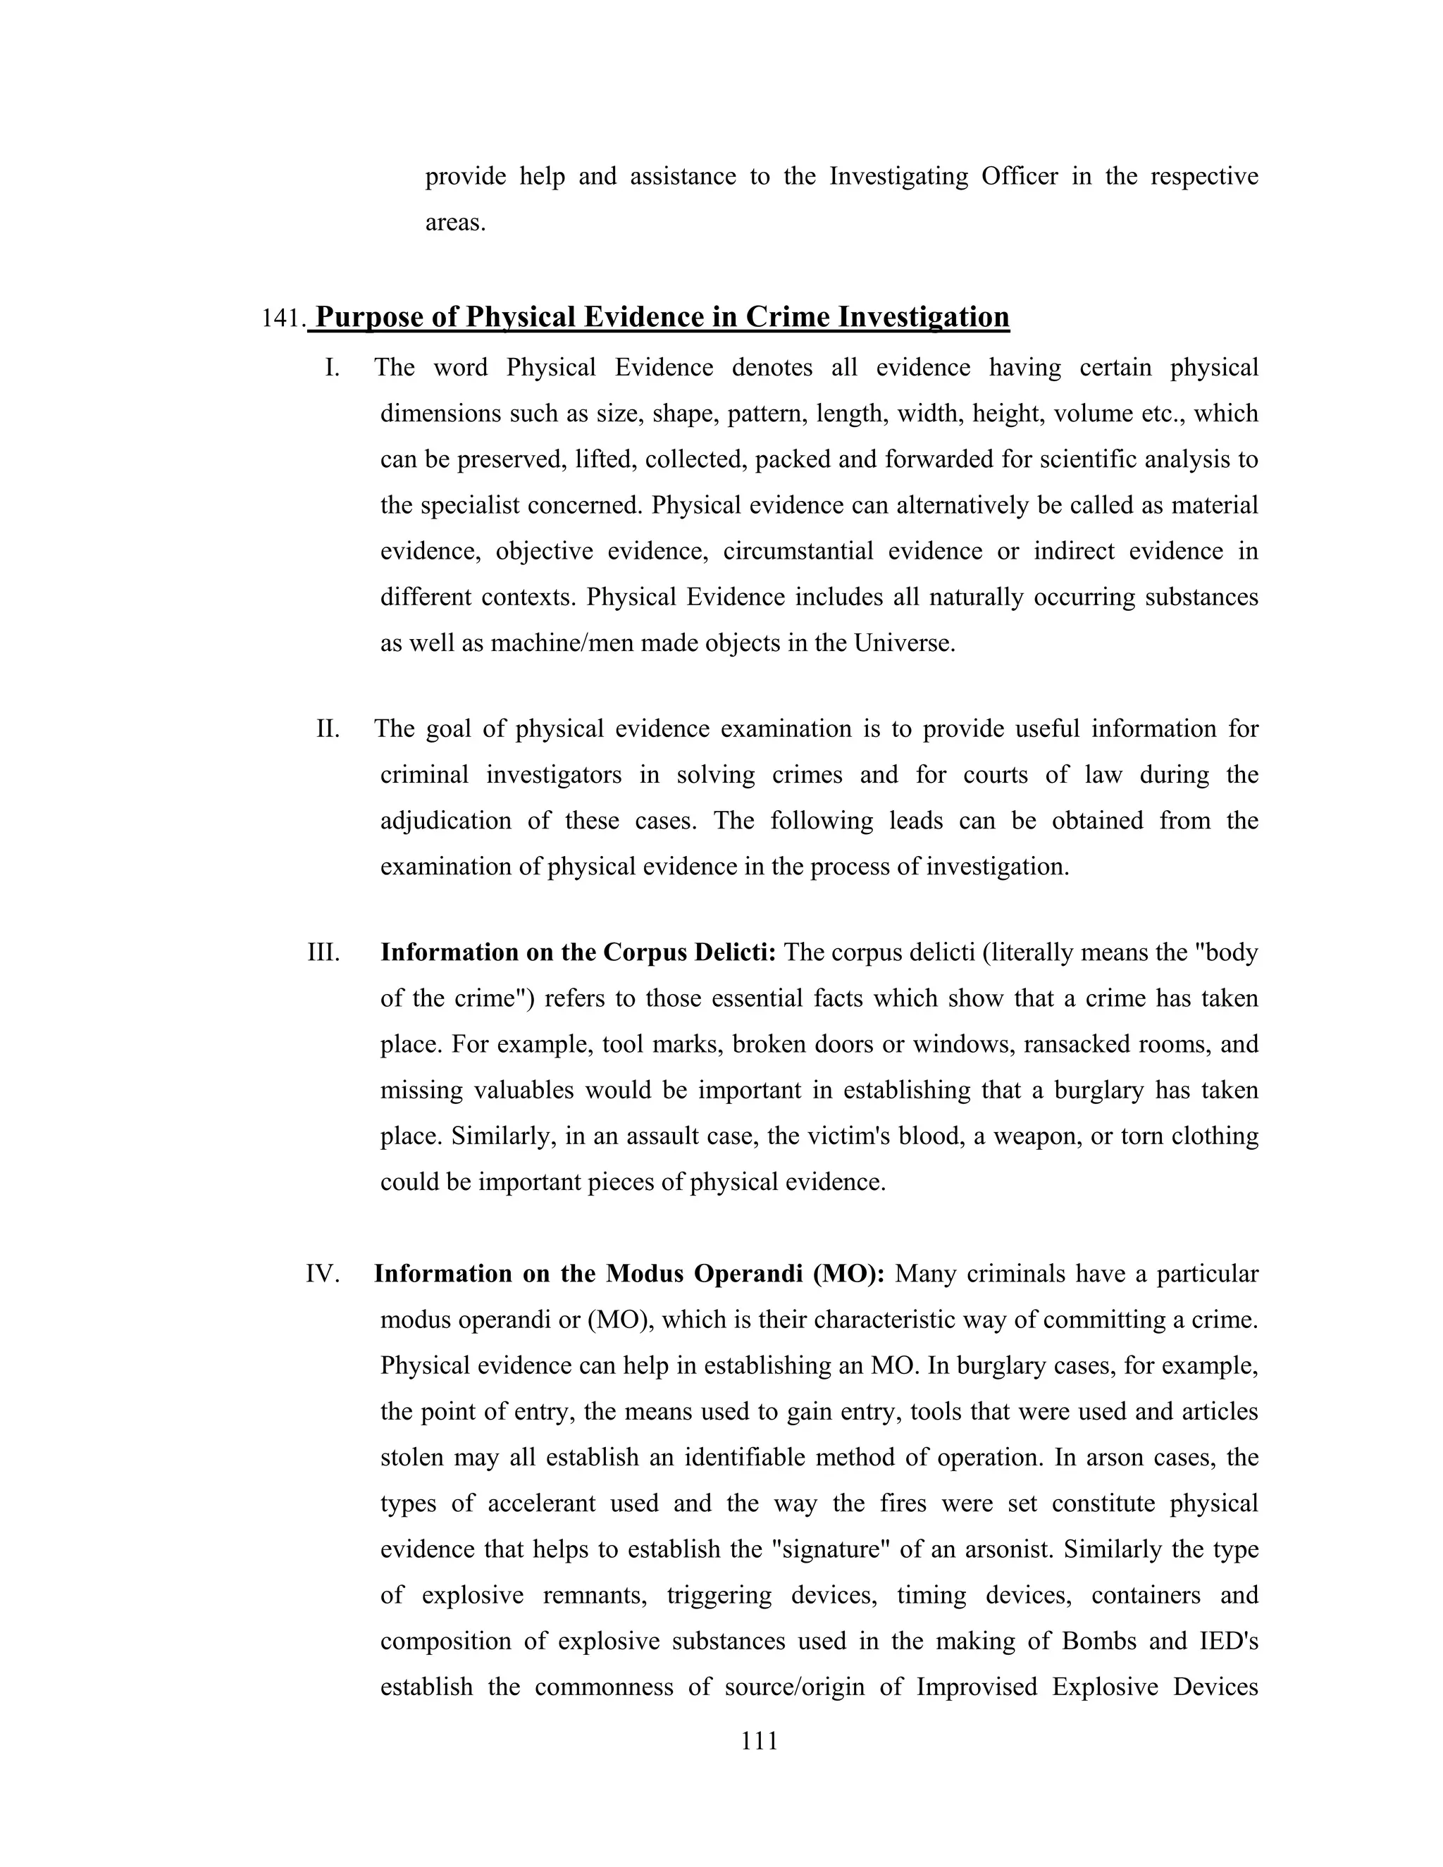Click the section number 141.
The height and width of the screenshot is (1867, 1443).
pyautogui.click(x=283, y=319)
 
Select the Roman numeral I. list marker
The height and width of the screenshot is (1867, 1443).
pyautogui.click(x=332, y=368)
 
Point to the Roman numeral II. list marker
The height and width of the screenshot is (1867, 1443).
pyautogui.click(x=328, y=729)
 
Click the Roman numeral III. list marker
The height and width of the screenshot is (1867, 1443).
pyautogui.click(x=323, y=953)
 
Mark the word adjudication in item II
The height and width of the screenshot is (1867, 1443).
pyautogui.click(x=445, y=821)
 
